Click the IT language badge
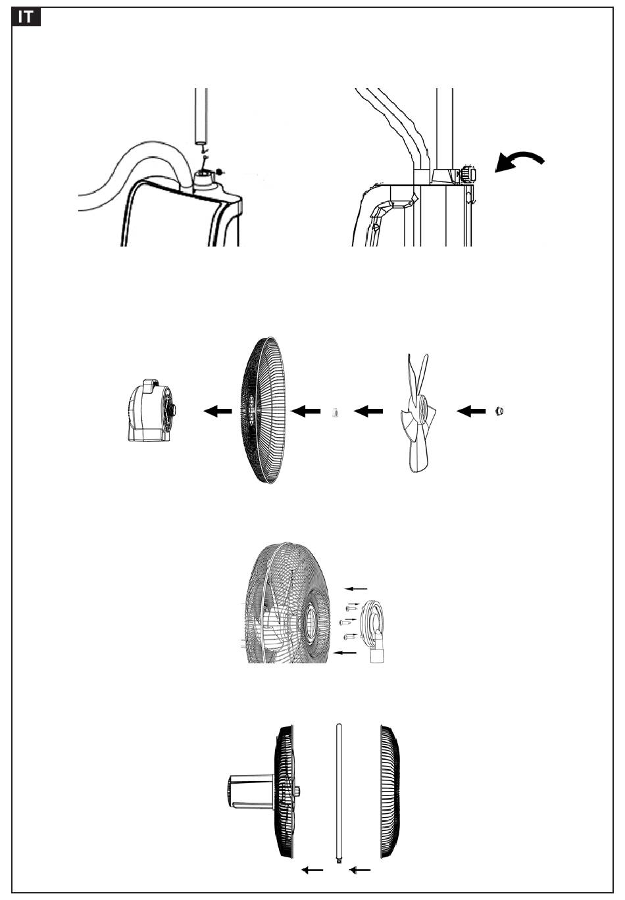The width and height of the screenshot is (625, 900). [26, 17]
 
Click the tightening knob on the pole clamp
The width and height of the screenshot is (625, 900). [468, 174]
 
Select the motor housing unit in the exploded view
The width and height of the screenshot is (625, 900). [152, 410]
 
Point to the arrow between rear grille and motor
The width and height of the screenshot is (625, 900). [218, 411]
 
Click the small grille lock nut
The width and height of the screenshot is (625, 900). [334, 413]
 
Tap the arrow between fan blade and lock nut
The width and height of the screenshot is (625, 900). [368, 411]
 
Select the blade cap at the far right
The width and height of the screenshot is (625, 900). [499, 411]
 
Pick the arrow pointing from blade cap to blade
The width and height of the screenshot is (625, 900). [471, 411]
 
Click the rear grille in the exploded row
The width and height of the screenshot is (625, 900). [262, 410]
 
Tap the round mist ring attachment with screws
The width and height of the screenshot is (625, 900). [374, 630]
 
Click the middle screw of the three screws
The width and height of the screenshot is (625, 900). [345, 623]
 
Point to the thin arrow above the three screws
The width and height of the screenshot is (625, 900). [356, 589]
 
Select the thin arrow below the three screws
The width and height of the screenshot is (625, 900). [345, 653]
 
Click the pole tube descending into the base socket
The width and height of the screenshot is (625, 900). [201, 116]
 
